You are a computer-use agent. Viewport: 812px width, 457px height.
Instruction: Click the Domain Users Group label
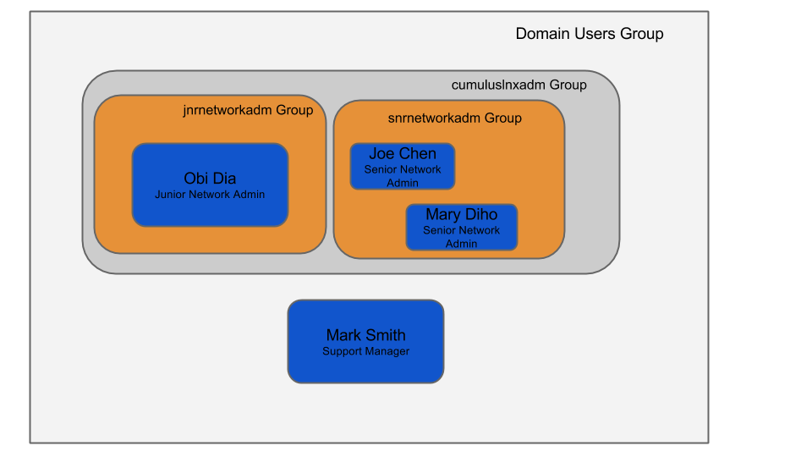coord(590,34)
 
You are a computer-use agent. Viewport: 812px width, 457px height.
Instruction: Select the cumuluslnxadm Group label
coord(518,85)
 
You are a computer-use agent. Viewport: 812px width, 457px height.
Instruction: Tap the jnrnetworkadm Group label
coord(248,110)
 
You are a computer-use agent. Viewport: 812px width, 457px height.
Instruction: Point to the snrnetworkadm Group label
coord(454,118)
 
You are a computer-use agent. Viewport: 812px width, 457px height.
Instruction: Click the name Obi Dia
coord(210,178)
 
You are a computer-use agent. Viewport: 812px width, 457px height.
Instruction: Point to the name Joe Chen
coord(403,154)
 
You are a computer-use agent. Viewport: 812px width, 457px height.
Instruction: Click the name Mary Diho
coord(461,215)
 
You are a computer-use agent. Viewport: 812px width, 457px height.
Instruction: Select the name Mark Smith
coord(365,335)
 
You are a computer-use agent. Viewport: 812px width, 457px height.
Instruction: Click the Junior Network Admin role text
coord(210,195)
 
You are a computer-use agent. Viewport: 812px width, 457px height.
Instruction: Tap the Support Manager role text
coord(365,351)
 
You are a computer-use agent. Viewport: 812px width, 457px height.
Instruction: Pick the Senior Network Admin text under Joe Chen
coord(403,176)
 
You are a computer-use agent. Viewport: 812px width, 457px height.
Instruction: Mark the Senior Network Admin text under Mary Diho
coord(462,237)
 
